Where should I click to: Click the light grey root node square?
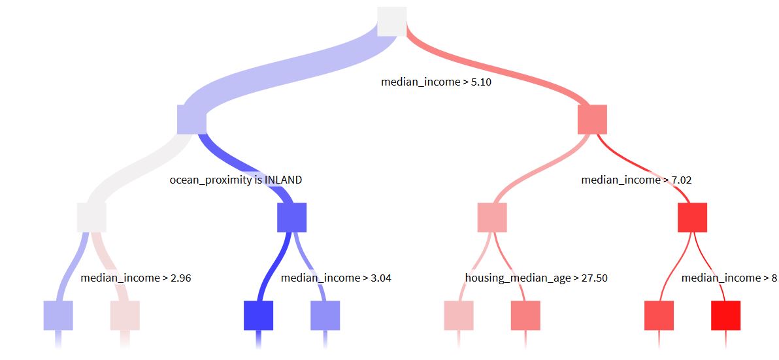tap(392, 22)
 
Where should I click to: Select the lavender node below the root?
tap(191, 120)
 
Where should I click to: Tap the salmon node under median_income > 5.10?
tap(592, 120)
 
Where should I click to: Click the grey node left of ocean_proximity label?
tap(91, 218)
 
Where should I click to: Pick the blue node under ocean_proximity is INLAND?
tap(291, 218)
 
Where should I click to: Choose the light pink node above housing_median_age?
tap(492, 218)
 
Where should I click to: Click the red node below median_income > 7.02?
tap(692, 218)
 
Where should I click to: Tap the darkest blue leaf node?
tap(258, 316)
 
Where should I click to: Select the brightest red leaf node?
tap(725, 316)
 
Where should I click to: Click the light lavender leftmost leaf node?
tap(58, 316)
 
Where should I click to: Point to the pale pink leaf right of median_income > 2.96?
tap(125, 316)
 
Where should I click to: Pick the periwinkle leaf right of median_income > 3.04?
tap(325, 316)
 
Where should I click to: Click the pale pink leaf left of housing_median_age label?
tap(459, 316)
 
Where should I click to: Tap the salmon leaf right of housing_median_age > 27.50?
tap(525, 316)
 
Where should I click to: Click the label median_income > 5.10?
tap(436, 82)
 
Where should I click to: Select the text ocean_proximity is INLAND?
tap(236, 180)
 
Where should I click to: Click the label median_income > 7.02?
tap(637, 180)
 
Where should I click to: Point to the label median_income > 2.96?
tap(136, 278)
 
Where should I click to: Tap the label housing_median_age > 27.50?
tap(536, 278)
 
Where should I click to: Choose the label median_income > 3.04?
tap(336, 278)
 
